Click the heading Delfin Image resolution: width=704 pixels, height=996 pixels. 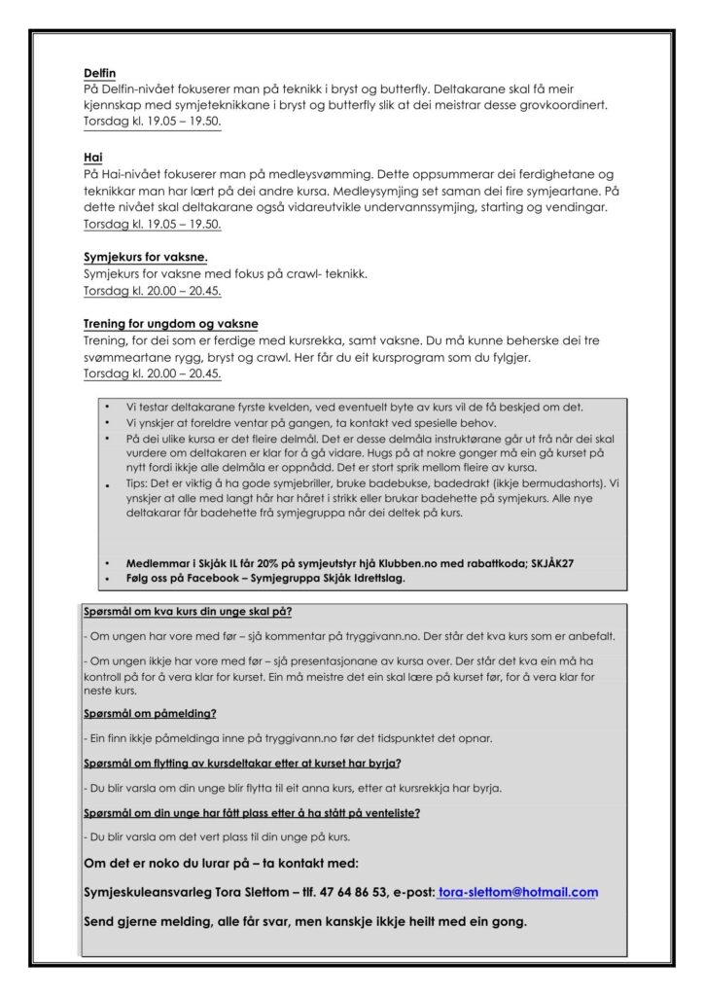click(x=100, y=73)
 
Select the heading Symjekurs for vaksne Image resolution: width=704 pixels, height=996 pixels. click(x=146, y=257)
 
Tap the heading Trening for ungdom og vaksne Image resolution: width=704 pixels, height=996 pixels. click(x=171, y=324)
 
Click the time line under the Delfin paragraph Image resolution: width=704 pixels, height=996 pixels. click(x=153, y=124)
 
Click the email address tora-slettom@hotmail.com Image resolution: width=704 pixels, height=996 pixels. click(x=517, y=892)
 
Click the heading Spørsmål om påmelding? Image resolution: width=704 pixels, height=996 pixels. click(x=150, y=714)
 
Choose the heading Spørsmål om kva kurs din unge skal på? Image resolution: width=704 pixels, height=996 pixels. click(x=188, y=612)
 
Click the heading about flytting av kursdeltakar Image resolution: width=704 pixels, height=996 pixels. click(x=243, y=763)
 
